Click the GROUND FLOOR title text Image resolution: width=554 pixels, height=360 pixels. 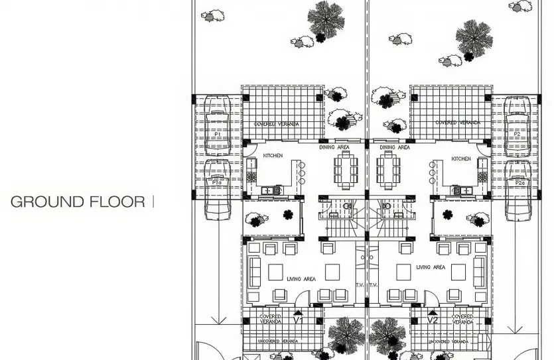(78, 202)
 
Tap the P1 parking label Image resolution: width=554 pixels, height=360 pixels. (217, 134)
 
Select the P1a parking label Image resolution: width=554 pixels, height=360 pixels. (217, 182)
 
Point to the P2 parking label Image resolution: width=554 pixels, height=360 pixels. (518, 134)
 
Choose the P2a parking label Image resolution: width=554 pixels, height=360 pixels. (519, 182)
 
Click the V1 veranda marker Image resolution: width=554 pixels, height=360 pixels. (299, 320)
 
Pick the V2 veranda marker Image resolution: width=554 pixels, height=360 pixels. (433, 320)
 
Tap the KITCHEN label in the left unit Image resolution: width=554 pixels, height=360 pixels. (273, 155)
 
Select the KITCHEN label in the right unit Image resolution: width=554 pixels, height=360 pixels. (460, 159)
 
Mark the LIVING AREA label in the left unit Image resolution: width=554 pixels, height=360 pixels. (301, 280)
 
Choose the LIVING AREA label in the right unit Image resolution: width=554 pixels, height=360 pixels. (431, 267)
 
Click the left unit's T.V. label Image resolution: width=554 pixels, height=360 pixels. (360, 285)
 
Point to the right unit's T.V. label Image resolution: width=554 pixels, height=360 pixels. (374, 285)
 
